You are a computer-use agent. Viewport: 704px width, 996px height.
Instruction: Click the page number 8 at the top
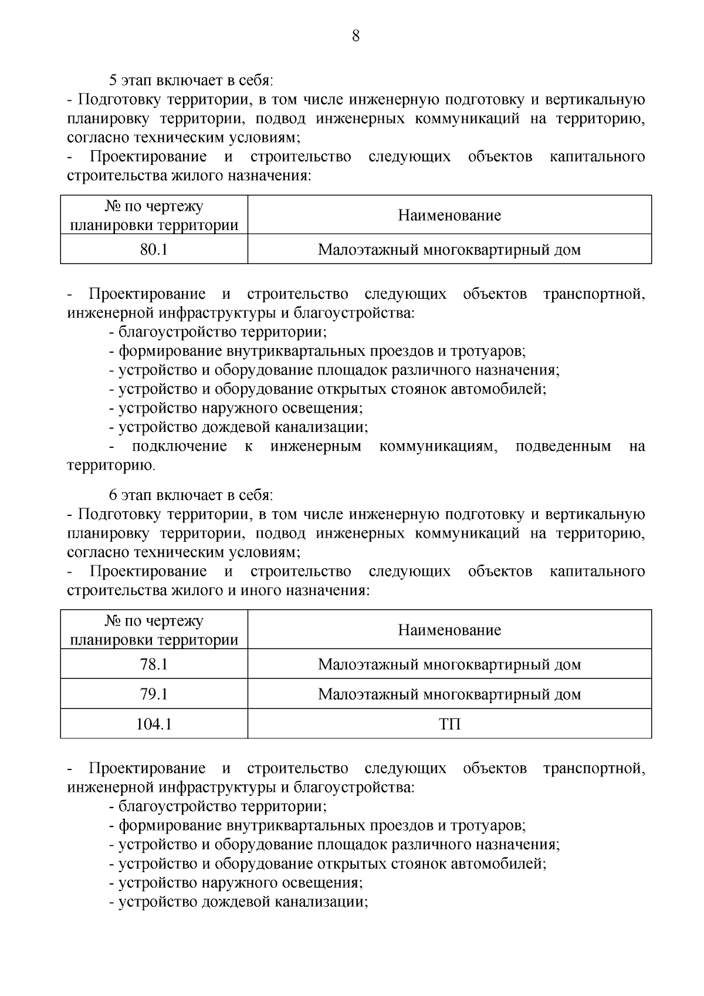point(356,36)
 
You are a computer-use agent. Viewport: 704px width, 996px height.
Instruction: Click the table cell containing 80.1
point(154,249)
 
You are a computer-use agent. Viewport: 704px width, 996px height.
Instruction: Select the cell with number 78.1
point(154,664)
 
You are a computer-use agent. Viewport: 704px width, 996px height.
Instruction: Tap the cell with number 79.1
point(154,694)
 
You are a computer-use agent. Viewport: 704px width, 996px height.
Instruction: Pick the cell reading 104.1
point(154,724)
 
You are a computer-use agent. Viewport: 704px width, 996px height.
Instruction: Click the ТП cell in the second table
point(449,724)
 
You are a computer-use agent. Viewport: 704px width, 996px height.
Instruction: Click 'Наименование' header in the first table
point(449,215)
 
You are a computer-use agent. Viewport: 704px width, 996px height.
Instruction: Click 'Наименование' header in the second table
point(449,630)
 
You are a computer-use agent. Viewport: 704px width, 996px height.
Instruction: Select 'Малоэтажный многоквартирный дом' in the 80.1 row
point(449,249)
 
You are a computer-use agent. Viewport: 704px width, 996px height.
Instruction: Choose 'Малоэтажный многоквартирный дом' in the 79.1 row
point(449,694)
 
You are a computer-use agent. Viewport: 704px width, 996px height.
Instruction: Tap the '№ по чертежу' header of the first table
point(154,207)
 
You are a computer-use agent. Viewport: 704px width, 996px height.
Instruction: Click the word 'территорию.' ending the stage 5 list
point(111,466)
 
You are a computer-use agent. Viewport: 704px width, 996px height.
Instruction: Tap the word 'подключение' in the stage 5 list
point(179,447)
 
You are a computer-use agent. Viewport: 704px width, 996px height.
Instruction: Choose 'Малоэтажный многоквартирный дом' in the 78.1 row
point(449,664)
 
